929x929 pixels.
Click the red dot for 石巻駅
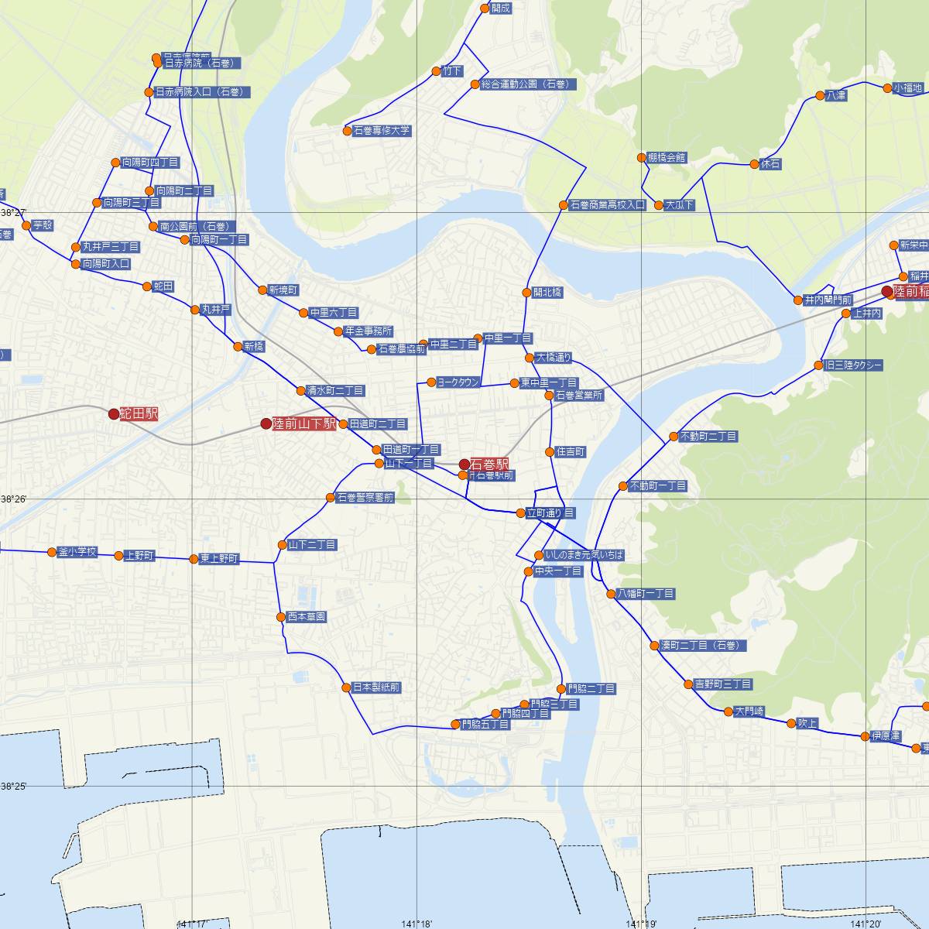(x=464, y=464)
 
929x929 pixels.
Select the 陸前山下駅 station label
(x=304, y=424)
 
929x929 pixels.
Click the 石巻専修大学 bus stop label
(x=382, y=131)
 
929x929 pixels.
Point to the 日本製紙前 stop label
(x=376, y=687)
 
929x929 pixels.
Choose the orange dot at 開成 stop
(x=485, y=9)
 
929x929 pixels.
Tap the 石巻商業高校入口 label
(x=607, y=205)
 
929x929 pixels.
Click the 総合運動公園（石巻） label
(x=523, y=84)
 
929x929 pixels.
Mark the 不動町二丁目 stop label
(x=708, y=437)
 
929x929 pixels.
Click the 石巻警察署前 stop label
(x=365, y=498)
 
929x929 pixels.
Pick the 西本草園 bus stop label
(x=307, y=617)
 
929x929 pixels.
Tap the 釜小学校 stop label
(x=77, y=552)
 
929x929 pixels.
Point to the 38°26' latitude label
(x=13, y=499)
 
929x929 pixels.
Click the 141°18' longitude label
(x=418, y=924)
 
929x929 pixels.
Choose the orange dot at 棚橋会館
(x=641, y=158)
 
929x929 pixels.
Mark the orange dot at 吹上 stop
(x=790, y=723)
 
